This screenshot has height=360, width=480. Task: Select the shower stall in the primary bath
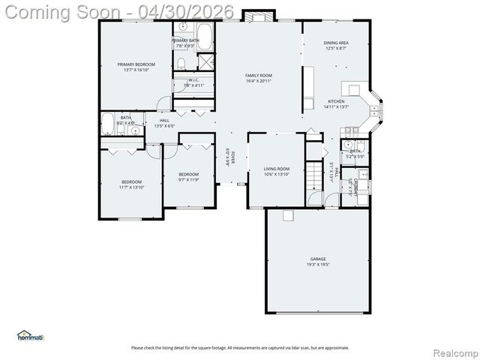pos(206,61)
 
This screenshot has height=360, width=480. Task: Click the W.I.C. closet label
pos(193,79)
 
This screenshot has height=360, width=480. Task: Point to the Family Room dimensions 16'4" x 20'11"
pos(259,81)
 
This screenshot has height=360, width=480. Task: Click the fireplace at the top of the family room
pos(259,15)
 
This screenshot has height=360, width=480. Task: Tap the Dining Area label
pos(335,43)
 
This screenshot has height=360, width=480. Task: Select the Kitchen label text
pos(335,101)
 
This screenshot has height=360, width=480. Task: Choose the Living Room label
pos(276,169)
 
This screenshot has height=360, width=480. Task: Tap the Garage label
pos(318,259)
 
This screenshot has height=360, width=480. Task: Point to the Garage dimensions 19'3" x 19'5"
pos(318,265)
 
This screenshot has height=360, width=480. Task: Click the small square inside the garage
pos(286,215)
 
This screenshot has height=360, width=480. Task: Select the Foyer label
pos(232,154)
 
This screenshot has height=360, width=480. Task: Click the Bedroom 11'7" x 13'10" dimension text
pos(130,187)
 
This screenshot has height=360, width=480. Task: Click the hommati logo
pos(30,336)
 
